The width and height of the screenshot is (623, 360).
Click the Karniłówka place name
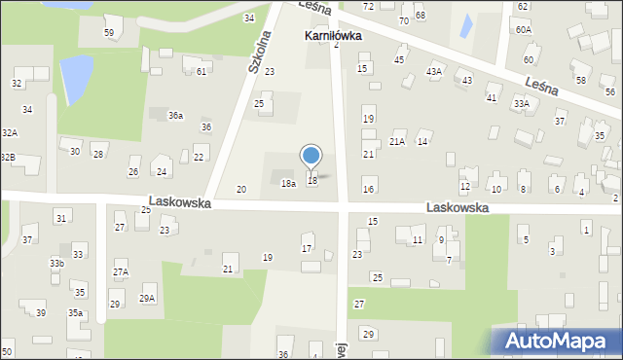(333, 35)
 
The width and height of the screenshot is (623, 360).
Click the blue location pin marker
(311, 157)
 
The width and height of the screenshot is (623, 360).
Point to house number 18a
(288, 183)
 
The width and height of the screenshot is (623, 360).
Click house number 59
(109, 33)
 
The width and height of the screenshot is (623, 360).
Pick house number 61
(201, 71)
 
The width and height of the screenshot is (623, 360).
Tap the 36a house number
(175, 116)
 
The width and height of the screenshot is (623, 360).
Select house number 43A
(434, 71)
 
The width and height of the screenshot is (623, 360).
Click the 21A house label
(397, 142)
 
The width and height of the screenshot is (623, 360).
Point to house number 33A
(522, 103)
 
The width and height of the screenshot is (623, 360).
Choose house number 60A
(525, 30)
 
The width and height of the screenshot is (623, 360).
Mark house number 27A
(120, 272)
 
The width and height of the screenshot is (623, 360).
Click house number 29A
(147, 298)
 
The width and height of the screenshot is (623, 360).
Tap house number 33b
(57, 263)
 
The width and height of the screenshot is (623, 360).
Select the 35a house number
(75, 312)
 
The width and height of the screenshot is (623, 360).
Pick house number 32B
(7, 157)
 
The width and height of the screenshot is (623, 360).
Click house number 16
(368, 189)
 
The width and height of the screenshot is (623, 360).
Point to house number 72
(368, 6)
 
